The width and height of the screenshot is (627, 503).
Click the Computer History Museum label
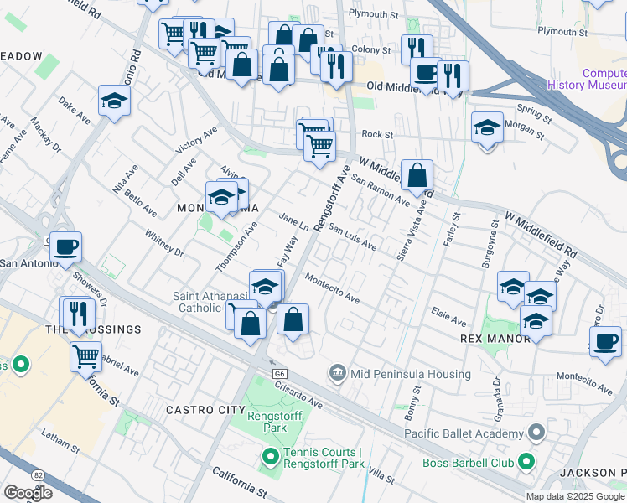point(586,79)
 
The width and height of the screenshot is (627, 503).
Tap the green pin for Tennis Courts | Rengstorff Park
point(270,458)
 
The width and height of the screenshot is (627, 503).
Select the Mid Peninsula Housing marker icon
point(337,371)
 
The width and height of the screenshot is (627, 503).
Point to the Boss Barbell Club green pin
point(526,460)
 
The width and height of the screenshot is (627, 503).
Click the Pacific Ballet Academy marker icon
point(536,433)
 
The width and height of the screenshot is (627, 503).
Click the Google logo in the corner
point(28,492)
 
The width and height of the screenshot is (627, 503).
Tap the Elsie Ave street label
point(448,319)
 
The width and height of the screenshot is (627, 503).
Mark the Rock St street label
point(377,134)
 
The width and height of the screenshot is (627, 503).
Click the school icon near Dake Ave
point(113,101)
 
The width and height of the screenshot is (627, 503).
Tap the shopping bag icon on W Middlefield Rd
point(417,176)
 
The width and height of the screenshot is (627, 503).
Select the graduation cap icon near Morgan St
point(487,128)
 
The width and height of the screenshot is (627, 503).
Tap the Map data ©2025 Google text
point(575,495)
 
